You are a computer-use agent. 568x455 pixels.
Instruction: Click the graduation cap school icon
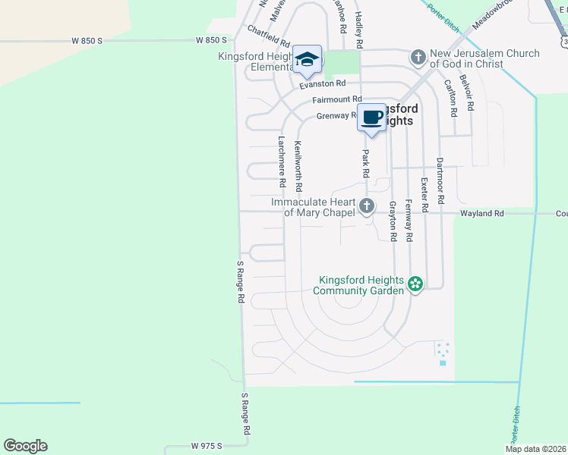pyautogui.click(x=308, y=60)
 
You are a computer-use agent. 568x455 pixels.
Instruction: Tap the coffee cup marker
pyautogui.click(x=371, y=118)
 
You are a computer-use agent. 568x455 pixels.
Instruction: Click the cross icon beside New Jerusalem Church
pyautogui.click(x=418, y=57)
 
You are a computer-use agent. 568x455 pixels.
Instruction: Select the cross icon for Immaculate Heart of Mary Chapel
pyautogui.click(x=367, y=206)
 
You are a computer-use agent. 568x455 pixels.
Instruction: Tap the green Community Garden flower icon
pyautogui.click(x=415, y=284)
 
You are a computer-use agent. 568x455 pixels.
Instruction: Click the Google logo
pyautogui.click(x=25, y=446)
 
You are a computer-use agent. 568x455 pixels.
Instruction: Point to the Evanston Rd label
pyautogui.click(x=322, y=84)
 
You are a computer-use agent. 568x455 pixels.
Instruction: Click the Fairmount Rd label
pyautogui.click(x=336, y=99)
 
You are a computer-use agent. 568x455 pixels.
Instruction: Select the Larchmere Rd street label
pyautogui.click(x=281, y=162)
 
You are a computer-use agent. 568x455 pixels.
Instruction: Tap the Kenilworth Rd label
pyautogui.click(x=298, y=165)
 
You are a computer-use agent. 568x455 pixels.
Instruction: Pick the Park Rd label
pyautogui.click(x=365, y=164)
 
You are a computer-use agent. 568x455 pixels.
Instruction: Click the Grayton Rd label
pyautogui.click(x=393, y=221)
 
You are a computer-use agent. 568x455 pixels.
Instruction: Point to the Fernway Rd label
pyautogui.click(x=409, y=220)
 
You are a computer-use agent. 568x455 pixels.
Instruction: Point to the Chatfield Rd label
pyautogui.click(x=269, y=36)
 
